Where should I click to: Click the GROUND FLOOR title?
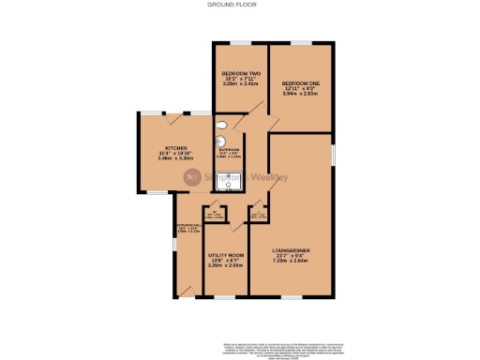(x=239, y=5)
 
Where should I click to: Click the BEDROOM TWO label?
(x=240, y=73)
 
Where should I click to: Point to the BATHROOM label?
(x=230, y=150)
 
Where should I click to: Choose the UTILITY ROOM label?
(x=226, y=255)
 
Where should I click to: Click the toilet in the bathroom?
(x=221, y=125)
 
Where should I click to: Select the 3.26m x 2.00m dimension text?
(x=226, y=265)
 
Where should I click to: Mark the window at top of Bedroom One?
(x=301, y=42)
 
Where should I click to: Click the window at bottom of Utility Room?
(x=226, y=296)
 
